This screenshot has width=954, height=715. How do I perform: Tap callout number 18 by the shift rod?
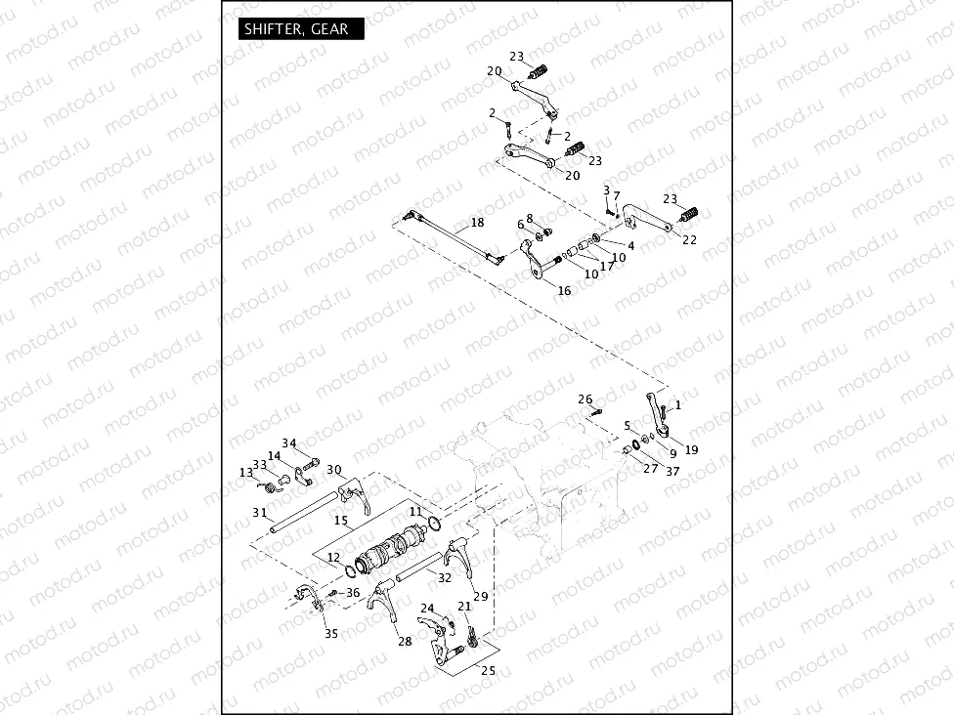tap(477, 223)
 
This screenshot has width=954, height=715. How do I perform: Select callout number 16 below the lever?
tap(564, 291)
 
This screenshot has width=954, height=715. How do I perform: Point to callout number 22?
tap(689, 240)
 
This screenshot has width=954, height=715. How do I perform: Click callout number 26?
tap(585, 399)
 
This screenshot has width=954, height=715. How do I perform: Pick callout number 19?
tap(691, 450)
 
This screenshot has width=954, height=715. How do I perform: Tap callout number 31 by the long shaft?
tap(259, 513)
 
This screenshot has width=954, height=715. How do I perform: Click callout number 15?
tap(341, 522)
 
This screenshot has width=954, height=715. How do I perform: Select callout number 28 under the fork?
tap(405, 641)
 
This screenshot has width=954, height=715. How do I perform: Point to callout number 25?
tap(488, 670)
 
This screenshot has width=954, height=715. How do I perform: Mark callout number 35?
tap(331, 634)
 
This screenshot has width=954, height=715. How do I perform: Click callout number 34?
tap(289, 443)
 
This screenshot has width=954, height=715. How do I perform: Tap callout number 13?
tap(245, 472)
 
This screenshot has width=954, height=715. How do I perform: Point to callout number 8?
tap(530, 219)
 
